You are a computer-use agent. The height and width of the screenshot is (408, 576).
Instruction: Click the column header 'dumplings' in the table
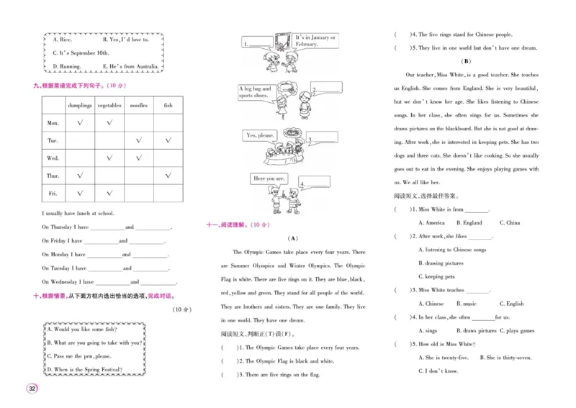coord(80,105)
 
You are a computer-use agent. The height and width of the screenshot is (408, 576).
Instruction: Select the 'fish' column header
coord(168,105)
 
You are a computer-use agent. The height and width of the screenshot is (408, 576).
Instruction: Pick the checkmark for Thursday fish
coord(168,175)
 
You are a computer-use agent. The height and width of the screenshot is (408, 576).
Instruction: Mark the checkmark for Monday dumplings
coord(80,123)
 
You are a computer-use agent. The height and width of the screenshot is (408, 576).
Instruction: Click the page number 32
coord(32,389)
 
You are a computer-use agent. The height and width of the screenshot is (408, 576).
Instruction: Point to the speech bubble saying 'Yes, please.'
coord(261,135)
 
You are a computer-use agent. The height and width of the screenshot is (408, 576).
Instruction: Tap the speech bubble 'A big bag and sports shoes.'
coord(256,91)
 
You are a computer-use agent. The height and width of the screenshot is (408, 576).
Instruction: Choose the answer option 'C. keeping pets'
coord(436,276)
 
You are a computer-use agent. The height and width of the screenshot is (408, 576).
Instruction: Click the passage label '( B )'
coord(466,61)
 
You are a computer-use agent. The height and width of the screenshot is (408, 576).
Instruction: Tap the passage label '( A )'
coord(292,238)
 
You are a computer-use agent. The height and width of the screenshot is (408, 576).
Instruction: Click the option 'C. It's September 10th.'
coord(81,53)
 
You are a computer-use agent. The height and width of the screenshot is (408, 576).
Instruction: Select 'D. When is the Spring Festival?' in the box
coord(85,370)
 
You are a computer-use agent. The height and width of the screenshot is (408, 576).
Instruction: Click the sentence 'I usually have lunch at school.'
coord(78,213)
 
